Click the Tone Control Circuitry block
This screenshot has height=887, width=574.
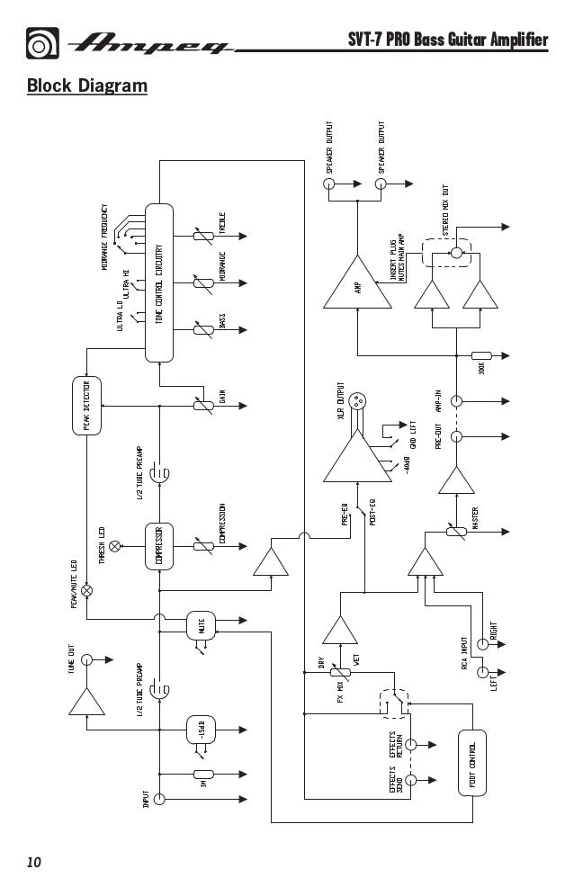pyautogui.click(x=158, y=282)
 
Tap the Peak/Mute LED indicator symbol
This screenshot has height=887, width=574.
pyautogui.click(x=87, y=590)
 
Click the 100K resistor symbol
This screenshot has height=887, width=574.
pyautogui.click(x=481, y=357)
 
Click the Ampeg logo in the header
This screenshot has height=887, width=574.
pyautogui.click(x=153, y=42)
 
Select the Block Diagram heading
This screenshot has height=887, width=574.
pyautogui.click(x=86, y=86)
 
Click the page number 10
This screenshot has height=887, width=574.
pyautogui.click(x=34, y=862)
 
